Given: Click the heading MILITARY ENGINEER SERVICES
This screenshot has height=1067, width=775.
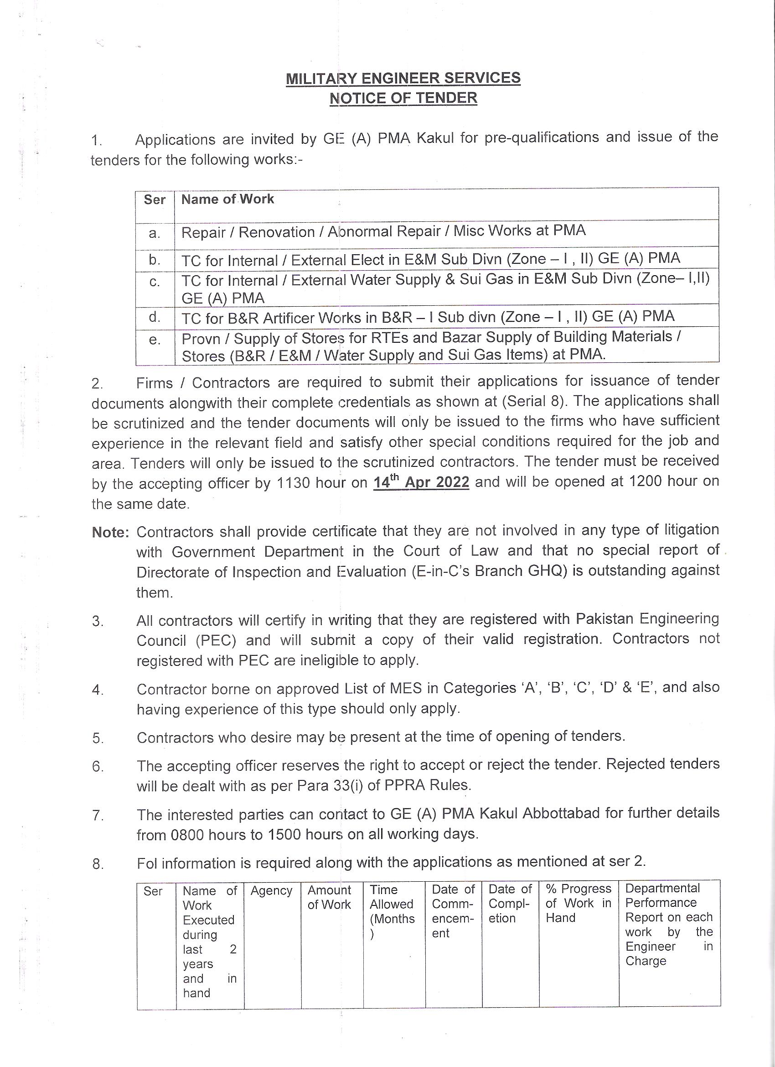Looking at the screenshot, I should (403, 78).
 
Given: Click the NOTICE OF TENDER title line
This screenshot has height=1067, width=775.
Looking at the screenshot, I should (403, 98).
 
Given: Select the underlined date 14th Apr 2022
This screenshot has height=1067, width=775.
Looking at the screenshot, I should (421, 482).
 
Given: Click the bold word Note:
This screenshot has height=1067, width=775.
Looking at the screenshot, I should (110, 532).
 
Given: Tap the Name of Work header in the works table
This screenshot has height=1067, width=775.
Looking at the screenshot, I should (227, 199).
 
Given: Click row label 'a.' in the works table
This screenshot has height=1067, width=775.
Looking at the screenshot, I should (155, 233).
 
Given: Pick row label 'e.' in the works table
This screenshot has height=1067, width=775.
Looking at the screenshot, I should (155, 339).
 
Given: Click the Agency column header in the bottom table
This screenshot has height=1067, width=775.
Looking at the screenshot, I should (271, 891).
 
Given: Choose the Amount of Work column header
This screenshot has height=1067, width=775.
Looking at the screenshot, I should (329, 897).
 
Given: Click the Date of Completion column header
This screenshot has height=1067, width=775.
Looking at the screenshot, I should (510, 904).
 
